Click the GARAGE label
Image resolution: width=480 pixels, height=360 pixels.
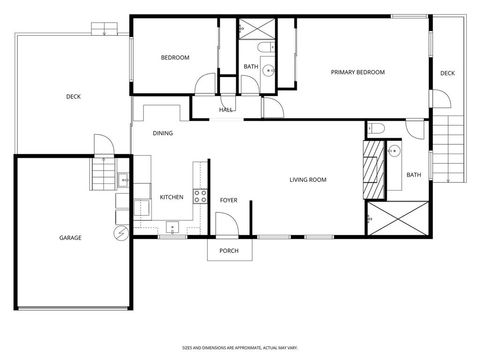coord(70,237)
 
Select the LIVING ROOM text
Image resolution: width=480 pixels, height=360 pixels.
coord(308,180)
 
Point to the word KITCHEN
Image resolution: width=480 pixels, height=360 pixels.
coord(172,197)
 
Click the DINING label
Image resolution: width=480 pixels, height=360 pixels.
coord(162,133)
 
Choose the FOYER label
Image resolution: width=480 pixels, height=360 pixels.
coord(228,200)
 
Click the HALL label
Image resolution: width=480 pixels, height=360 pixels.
coord(226,109)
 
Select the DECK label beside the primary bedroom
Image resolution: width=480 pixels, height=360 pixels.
coord(447,73)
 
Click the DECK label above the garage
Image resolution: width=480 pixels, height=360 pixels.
coord(73,96)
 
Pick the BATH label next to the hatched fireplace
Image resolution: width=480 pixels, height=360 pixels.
coord(413,176)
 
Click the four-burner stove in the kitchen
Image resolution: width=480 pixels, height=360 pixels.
coord(200,195)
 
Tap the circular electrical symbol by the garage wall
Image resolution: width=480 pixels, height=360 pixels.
coord(121,233)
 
